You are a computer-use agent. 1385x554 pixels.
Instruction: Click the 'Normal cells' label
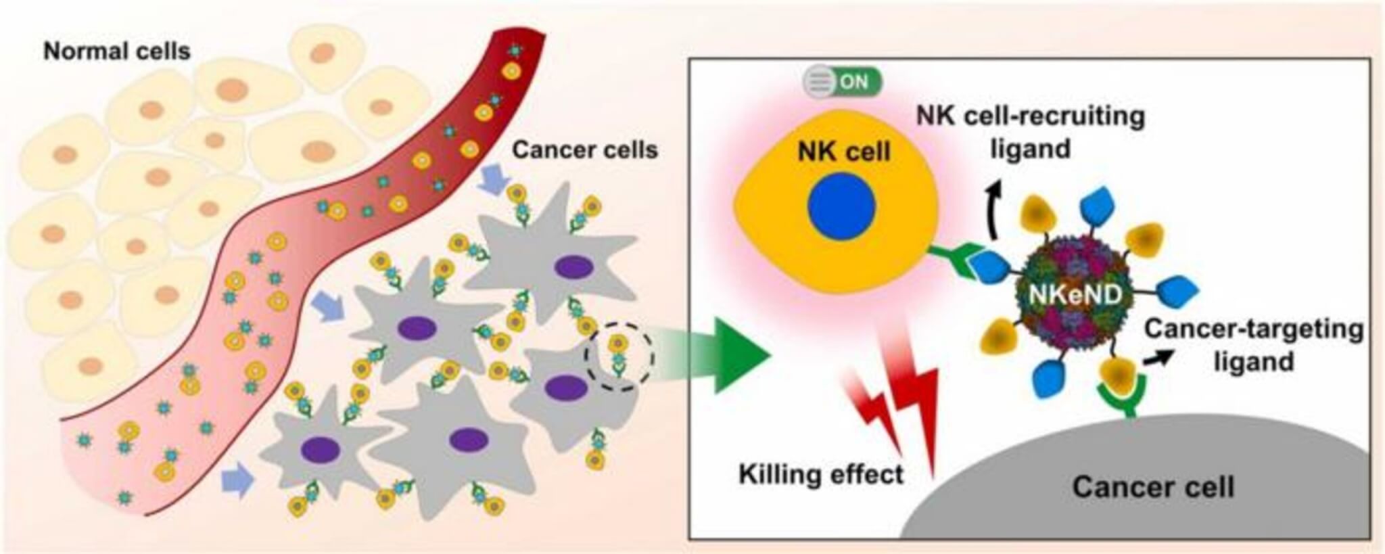116,51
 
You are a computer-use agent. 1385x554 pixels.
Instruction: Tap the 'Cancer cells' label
584,149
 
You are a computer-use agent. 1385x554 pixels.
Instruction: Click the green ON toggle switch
842,83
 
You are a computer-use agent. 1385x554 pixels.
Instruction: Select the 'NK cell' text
844,152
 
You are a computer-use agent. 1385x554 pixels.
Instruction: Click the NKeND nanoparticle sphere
1075,294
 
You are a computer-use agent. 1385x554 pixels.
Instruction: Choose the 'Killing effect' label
820,474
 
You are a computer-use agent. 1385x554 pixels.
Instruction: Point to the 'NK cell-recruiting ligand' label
1030,132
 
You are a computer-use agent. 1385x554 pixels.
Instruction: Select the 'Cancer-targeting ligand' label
1253,344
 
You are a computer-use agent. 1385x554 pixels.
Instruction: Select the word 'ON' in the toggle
853,83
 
